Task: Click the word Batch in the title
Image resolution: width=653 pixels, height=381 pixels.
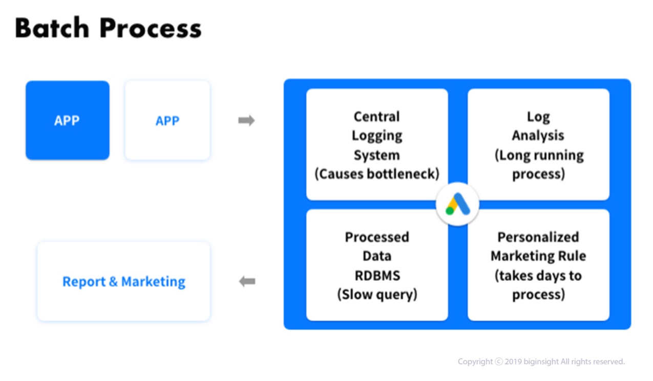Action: click(x=52, y=28)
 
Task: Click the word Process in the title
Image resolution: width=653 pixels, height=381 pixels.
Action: click(x=151, y=28)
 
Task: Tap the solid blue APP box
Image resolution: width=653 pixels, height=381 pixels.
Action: click(x=68, y=121)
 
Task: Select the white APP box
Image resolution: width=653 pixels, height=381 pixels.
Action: click(x=167, y=121)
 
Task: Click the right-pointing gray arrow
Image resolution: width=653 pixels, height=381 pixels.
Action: click(x=247, y=121)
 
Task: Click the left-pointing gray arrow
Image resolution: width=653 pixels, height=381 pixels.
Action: click(x=247, y=282)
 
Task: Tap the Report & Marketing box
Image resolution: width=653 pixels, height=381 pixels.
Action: click(x=124, y=282)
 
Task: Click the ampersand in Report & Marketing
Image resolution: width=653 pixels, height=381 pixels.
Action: click(x=113, y=282)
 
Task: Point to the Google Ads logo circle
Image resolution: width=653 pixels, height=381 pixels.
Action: click(x=458, y=204)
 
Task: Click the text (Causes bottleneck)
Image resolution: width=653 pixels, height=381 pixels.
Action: click(x=377, y=174)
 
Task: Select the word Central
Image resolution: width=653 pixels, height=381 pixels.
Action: click(x=377, y=117)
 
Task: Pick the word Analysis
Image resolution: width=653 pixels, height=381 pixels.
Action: click(x=538, y=136)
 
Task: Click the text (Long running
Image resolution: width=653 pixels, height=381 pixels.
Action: click(x=539, y=155)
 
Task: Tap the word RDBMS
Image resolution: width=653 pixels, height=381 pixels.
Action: click(x=377, y=275)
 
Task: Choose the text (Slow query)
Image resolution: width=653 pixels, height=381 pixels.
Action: click(x=377, y=294)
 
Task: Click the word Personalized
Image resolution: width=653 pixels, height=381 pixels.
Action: click(x=538, y=237)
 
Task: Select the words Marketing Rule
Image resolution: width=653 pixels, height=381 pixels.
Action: click(x=538, y=256)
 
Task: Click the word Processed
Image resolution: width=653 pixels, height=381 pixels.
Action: click(x=377, y=237)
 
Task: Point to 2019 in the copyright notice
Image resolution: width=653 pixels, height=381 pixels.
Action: click(x=513, y=362)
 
